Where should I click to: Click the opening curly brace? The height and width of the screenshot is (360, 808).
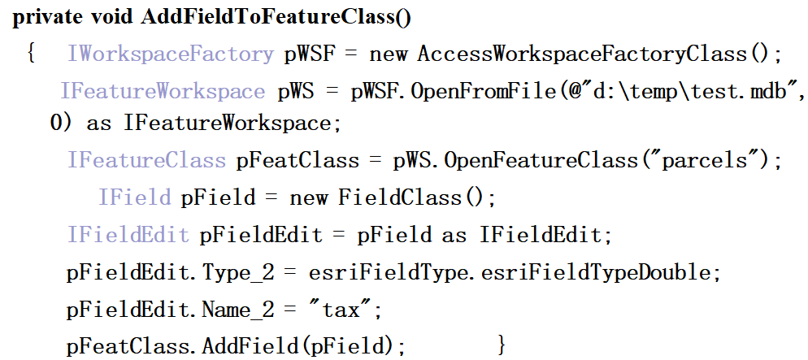tap(31, 55)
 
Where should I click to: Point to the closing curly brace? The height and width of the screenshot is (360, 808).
tap(502, 345)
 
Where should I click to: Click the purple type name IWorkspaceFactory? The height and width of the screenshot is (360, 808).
tap(171, 55)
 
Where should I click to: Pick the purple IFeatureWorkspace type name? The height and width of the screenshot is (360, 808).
tap(163, 91)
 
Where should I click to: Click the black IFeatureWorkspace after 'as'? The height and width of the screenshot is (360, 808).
tap(228, 124)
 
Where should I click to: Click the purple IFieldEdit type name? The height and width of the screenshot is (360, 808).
tap(128, 235)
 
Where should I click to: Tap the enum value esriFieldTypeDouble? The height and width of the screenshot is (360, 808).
tap(596, 272)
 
